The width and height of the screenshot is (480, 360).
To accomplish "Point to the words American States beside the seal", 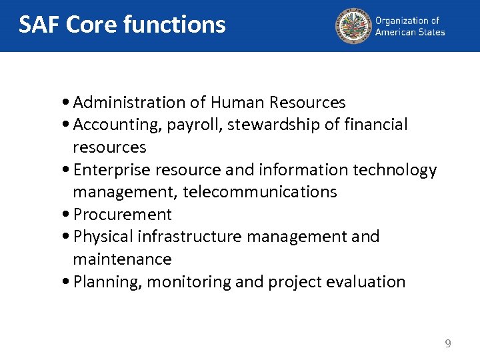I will [409, 32].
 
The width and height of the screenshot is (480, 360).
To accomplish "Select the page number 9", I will [448, 344].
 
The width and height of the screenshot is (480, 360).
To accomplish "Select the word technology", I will [395, 171].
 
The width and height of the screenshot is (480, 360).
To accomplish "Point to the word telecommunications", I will [260, 192].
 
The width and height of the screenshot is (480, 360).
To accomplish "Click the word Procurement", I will [123, 215].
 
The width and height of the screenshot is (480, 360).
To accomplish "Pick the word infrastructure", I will [180, 237].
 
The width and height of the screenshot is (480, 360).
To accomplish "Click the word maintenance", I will [122, 259].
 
